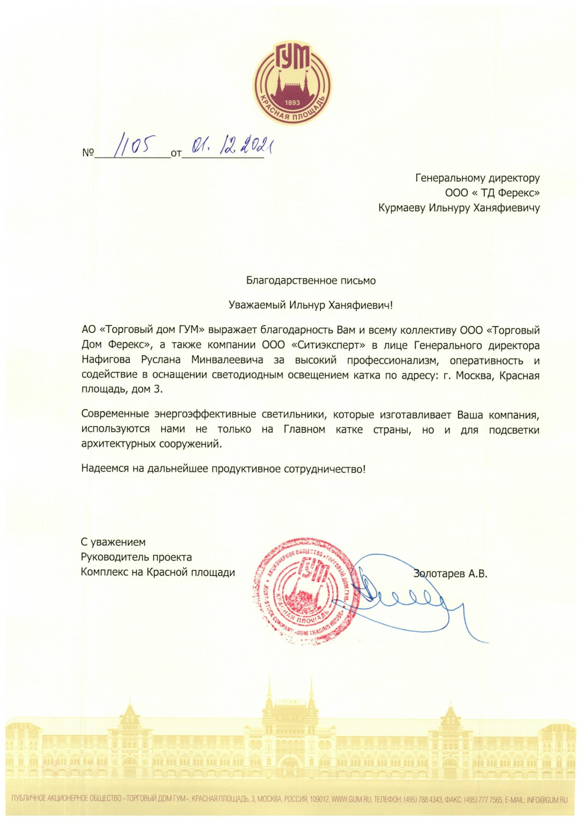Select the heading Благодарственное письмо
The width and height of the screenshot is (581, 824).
click(310, 281)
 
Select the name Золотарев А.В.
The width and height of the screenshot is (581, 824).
click(451, 573)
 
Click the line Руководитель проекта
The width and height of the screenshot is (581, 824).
click(136, 557)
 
